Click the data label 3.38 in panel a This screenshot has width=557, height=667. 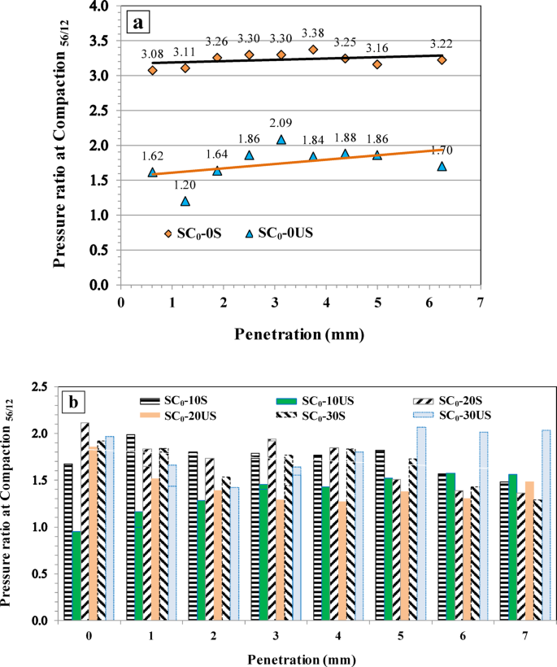[314, 33]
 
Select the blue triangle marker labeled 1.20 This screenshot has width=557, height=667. [185, 201]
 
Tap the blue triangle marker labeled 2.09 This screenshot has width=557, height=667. [281, 139]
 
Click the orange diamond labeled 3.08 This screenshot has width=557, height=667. [152, 71]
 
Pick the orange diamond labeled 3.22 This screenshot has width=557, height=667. [442, 60]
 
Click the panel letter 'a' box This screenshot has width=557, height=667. [139, 22]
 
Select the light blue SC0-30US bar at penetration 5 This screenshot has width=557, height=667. [421, 523]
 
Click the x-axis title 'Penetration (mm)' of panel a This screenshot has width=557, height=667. [299, 333]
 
